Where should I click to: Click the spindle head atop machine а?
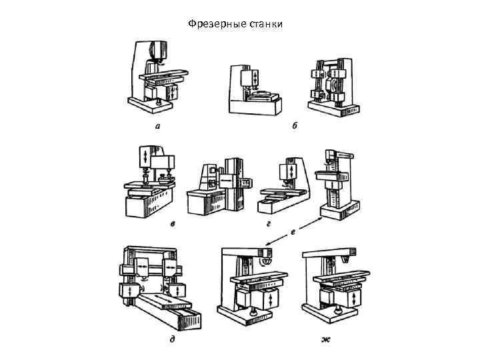pos(157,52)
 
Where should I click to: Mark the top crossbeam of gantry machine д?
pos(150,252)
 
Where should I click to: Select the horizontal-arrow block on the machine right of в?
pos(227,181)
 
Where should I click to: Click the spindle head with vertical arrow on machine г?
pos(289,171)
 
